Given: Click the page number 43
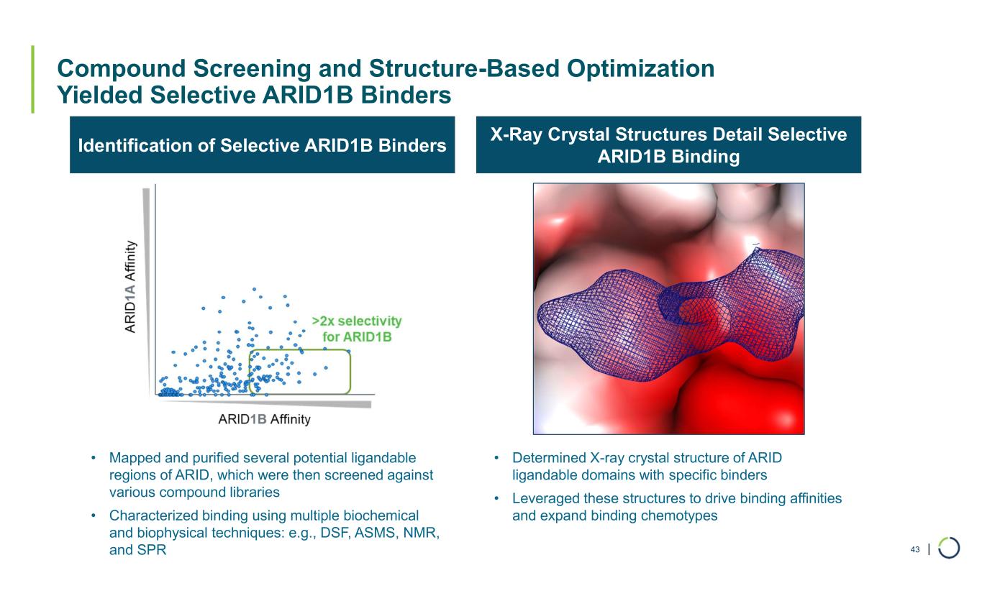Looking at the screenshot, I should pyautogui.click(x=915, y=550).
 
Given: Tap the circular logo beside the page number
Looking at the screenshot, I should pyautogui.click(x=949, y=549).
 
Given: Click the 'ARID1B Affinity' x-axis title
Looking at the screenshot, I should pyautogui.click(x=264, y=419).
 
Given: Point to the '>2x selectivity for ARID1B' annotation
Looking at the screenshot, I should pyautogui.click(x=356, y=329).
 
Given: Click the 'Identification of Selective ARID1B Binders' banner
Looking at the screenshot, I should pyautogui.click(x=262, y=145).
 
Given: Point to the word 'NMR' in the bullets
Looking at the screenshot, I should pyautogui.click(x=424, y=533).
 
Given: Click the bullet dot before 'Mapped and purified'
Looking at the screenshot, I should pyautogui.click(x=92, y=458).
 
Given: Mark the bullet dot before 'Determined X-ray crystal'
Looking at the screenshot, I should pyautogui.click(x=496, y=458).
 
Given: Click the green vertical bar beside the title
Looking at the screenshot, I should pyautogui.click(x=33, y=79).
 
